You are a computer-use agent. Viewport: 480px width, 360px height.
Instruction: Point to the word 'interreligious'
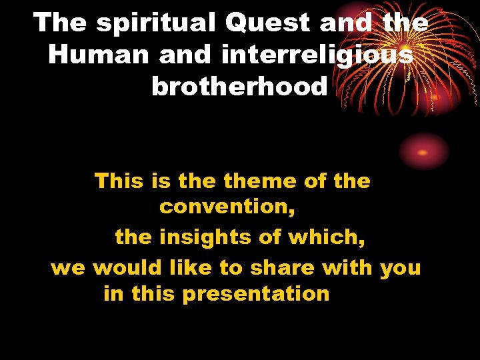(317, 55)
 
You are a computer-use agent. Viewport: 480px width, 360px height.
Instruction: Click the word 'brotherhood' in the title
(239, 86)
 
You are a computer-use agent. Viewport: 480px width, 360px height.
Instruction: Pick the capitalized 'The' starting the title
(61, 23)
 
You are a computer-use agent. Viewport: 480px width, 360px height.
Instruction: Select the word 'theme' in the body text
(260, 181)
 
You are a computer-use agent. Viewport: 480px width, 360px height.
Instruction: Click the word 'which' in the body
(331, 237)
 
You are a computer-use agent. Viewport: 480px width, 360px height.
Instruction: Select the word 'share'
(282, 267)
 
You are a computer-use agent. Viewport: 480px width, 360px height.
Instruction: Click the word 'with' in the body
(348, 267)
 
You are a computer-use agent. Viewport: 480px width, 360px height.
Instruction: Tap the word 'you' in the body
(400, 269)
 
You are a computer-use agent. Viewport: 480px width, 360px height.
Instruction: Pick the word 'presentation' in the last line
(255, 294)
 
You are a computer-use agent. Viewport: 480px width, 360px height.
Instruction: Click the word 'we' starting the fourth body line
(68, 269)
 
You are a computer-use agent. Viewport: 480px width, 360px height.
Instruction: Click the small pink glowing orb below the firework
(424, 151)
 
